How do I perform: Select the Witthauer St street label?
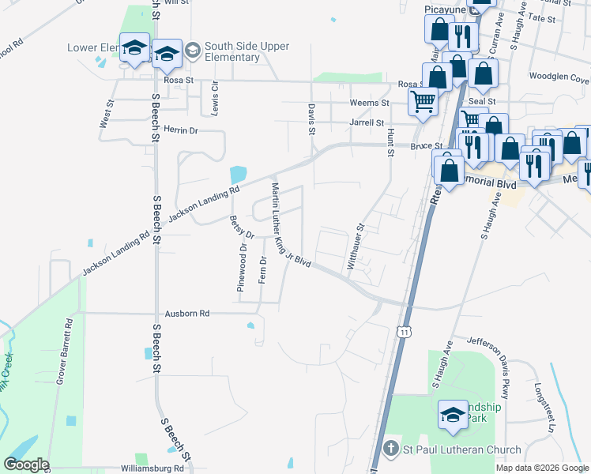pyautogui.click(x=355, y=247)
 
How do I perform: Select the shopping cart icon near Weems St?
pyautogui.click(x=423, y=100)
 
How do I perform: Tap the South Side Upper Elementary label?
pyautogui.click(x=232, y=52)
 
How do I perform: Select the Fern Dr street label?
pyautogui.click(x=262, y=271)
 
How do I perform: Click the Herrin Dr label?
pyautogui.click(x=181, y=130)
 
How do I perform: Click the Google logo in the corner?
pyautogui.click(x=26, y=465)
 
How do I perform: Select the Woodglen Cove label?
pyautogui.click(x=559, y=80)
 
